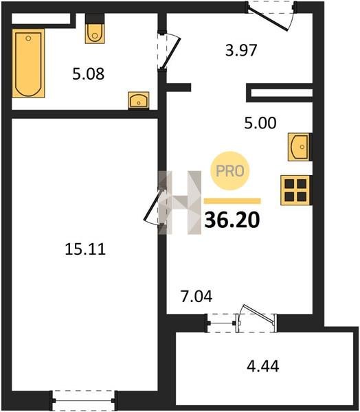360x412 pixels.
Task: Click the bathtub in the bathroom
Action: [28, 63]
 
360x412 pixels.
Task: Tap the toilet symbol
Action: [95, 34]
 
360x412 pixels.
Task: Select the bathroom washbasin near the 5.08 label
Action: [139, 100]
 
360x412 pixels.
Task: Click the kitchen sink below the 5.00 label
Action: [300, 147]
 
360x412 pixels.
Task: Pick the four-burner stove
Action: [295, 190]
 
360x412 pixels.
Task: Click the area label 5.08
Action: [89, 74]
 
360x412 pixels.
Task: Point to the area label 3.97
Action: [241, 50]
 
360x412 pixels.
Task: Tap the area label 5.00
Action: [260, 123]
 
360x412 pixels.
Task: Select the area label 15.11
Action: [85, 249]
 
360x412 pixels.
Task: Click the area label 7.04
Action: [196, 297]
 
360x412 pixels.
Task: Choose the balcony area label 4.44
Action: [262, 366]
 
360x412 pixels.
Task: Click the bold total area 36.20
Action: [232, 220]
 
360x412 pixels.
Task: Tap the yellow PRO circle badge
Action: [230, 171]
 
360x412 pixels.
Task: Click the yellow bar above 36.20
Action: [232, 201]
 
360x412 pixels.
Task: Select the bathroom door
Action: [168, 51]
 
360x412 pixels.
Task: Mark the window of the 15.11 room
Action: [84, 401]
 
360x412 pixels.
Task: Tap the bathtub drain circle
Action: [28, 38]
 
